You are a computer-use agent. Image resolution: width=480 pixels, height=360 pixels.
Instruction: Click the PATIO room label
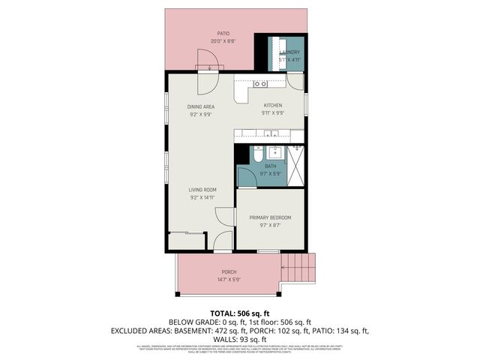pos(223,34)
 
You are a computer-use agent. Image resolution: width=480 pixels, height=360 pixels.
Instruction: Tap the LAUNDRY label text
pos(290,52)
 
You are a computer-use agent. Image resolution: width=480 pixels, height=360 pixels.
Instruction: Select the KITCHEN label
pos(271,106)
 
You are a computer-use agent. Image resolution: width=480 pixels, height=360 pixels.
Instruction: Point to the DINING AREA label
pos(201,106)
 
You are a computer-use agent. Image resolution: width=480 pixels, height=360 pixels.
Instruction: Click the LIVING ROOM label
pos(202,190)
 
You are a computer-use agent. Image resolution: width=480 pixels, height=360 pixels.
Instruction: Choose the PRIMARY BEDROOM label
pos(270,217)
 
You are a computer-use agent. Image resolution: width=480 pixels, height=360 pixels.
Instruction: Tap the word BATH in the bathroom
pos(270,166)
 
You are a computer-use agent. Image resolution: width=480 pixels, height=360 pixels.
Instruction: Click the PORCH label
pos(229,271)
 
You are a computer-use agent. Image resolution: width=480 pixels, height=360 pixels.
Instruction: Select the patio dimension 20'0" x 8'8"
pos(223,41)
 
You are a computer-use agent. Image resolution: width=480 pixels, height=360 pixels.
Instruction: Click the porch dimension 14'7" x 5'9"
pos(229,279)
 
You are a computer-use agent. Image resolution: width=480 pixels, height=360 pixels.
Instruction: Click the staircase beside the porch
pos(298,266)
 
